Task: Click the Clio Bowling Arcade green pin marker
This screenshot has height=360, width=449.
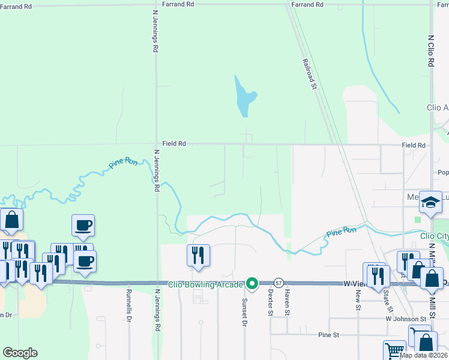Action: click(253, 283)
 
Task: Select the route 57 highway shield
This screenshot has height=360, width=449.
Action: click(279, 283)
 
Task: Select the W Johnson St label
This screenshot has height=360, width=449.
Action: click(409, 319)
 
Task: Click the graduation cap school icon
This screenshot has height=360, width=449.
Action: click(430, 204)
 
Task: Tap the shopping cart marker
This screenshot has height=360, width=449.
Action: click(395, 350)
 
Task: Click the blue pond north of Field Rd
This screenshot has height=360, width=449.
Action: click(244, 96)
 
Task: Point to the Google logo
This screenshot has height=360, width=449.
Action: click(19, 353)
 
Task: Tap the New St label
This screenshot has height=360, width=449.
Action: click(358, 296)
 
